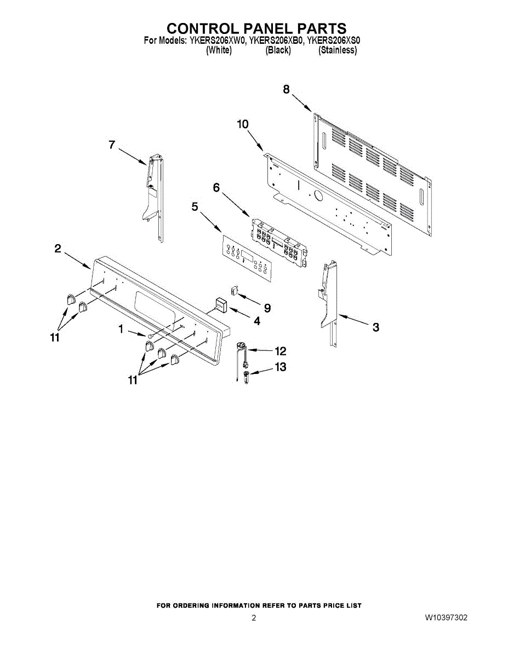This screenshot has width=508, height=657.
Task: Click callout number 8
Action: [x=286, y=89]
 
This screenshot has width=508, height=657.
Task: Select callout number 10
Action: [x=243, y=124]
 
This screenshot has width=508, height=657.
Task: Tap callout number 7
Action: [x=112, y=145]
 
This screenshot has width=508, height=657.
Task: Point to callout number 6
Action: [x=216, y=187]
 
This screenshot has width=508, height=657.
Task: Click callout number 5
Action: [x=195, y=207]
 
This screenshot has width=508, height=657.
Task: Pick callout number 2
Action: [x=58, y=249]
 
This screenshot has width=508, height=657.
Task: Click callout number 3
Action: [x=376, y=327]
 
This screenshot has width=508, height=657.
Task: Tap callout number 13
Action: [x=280, y=367]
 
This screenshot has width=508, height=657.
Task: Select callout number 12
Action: [x=280, y=351]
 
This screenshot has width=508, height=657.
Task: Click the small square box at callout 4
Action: [x=221, y=306]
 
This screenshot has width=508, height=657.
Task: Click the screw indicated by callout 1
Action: [x=150, y=336]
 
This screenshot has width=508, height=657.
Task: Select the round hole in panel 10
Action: [x=318, y=196]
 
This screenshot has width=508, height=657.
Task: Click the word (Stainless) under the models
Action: [x=338, y=50]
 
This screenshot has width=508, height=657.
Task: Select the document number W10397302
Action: [x=446, y=618]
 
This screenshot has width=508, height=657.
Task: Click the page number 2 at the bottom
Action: [x=254, y=618]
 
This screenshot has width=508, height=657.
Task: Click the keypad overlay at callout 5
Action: [x=247, y=258]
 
